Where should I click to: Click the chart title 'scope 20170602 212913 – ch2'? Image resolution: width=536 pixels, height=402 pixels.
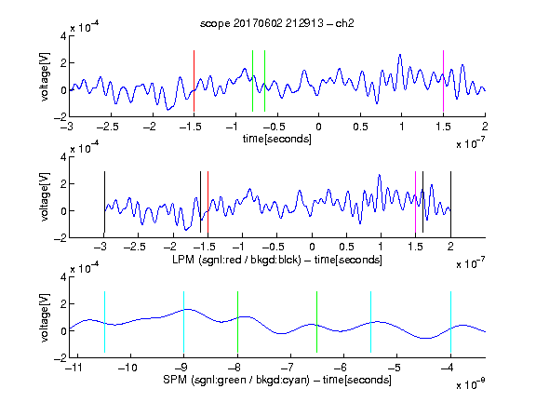pos(277,23)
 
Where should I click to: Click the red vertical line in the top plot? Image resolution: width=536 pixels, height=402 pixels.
pos(194,81)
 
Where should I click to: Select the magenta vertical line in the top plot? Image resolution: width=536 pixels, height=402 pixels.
pos(443,81)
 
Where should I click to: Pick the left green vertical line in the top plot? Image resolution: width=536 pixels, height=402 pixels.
pos(252,81)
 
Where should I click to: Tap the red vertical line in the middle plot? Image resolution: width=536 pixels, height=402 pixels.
pos(208,202)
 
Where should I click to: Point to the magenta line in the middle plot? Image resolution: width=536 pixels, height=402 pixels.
pos(415,202)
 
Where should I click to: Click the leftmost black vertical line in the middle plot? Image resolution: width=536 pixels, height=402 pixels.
pos(104,202)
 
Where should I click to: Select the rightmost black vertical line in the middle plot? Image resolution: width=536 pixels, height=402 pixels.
pos(450,202)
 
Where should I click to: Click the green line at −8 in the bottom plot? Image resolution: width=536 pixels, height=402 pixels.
pos(237,322)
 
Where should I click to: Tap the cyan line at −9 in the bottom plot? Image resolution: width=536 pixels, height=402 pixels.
pos(184,322)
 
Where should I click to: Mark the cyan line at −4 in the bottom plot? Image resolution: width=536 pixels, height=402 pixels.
pos(450,322)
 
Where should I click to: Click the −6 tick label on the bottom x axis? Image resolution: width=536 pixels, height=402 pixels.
pos(342,368)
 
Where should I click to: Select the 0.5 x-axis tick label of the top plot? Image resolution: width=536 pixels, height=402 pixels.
pos(361,127)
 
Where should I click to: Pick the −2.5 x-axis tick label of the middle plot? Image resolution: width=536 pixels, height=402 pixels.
pos(134,247)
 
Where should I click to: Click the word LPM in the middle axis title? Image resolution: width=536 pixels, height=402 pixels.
pos(183,260)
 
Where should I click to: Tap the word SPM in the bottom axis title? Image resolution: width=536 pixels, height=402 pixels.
pos(175,380)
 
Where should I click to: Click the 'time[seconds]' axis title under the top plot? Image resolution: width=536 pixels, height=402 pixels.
pos(277,139)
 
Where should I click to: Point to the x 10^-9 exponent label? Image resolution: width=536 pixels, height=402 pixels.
pos(471,384)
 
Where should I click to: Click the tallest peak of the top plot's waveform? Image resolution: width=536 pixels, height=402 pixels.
pos(400,55)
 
